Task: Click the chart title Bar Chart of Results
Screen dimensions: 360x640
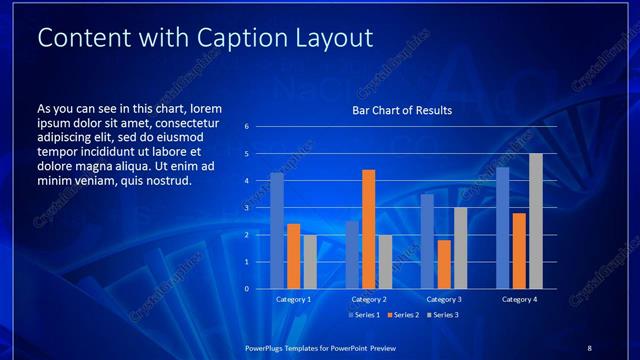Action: click(402, 110)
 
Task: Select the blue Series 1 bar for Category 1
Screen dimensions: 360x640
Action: click(277, 230)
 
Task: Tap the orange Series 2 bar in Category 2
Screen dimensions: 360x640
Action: click(368, 229)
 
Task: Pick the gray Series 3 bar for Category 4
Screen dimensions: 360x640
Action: click(536, 221)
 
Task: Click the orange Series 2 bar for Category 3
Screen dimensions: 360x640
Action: click(444, 264)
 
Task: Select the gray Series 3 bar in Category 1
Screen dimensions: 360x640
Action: click(310, 261)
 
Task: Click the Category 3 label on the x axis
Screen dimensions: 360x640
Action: click(444, 299)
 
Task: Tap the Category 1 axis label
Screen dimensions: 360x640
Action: click(294, 299)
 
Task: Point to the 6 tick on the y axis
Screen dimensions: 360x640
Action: click(246, 127)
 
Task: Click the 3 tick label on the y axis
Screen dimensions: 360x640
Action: click(246, 208)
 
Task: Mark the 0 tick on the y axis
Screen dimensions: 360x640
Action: click(246, 289)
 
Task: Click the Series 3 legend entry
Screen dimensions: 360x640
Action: click(444, 316)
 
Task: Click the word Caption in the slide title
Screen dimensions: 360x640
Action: click(212, 37)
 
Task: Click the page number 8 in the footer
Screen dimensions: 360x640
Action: click(589, 347)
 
